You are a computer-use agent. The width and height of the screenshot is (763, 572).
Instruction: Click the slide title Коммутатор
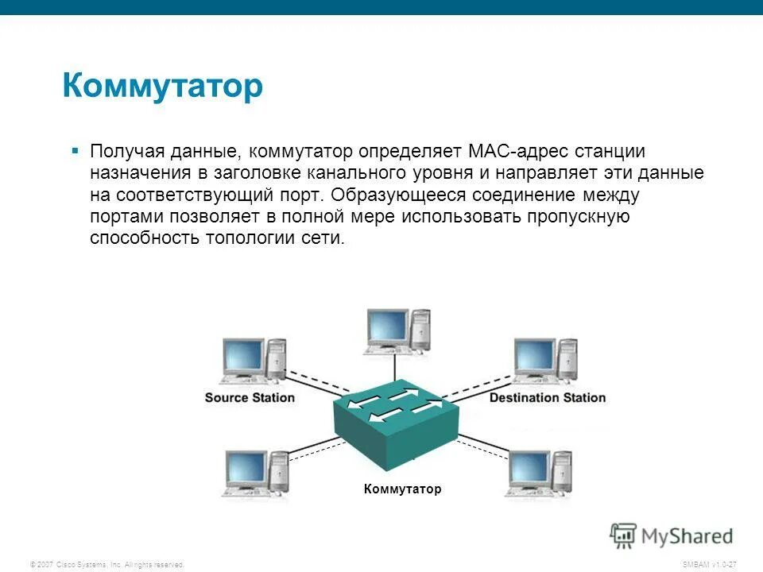point(162,86)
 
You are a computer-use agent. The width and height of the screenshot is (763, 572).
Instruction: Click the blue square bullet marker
point(75,149)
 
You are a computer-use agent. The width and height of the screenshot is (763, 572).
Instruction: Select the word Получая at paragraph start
point(127,152)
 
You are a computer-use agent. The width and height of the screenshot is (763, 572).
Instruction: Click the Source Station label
point(250,397)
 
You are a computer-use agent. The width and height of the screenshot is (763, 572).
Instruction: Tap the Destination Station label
point(547,397)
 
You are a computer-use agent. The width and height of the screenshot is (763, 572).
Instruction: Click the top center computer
point(398,330)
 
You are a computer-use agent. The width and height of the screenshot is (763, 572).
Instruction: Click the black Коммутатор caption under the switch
point(402,489)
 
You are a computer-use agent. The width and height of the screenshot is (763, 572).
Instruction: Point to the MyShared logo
point(672,535)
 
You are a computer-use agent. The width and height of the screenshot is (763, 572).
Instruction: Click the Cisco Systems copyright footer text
point(107,564)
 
